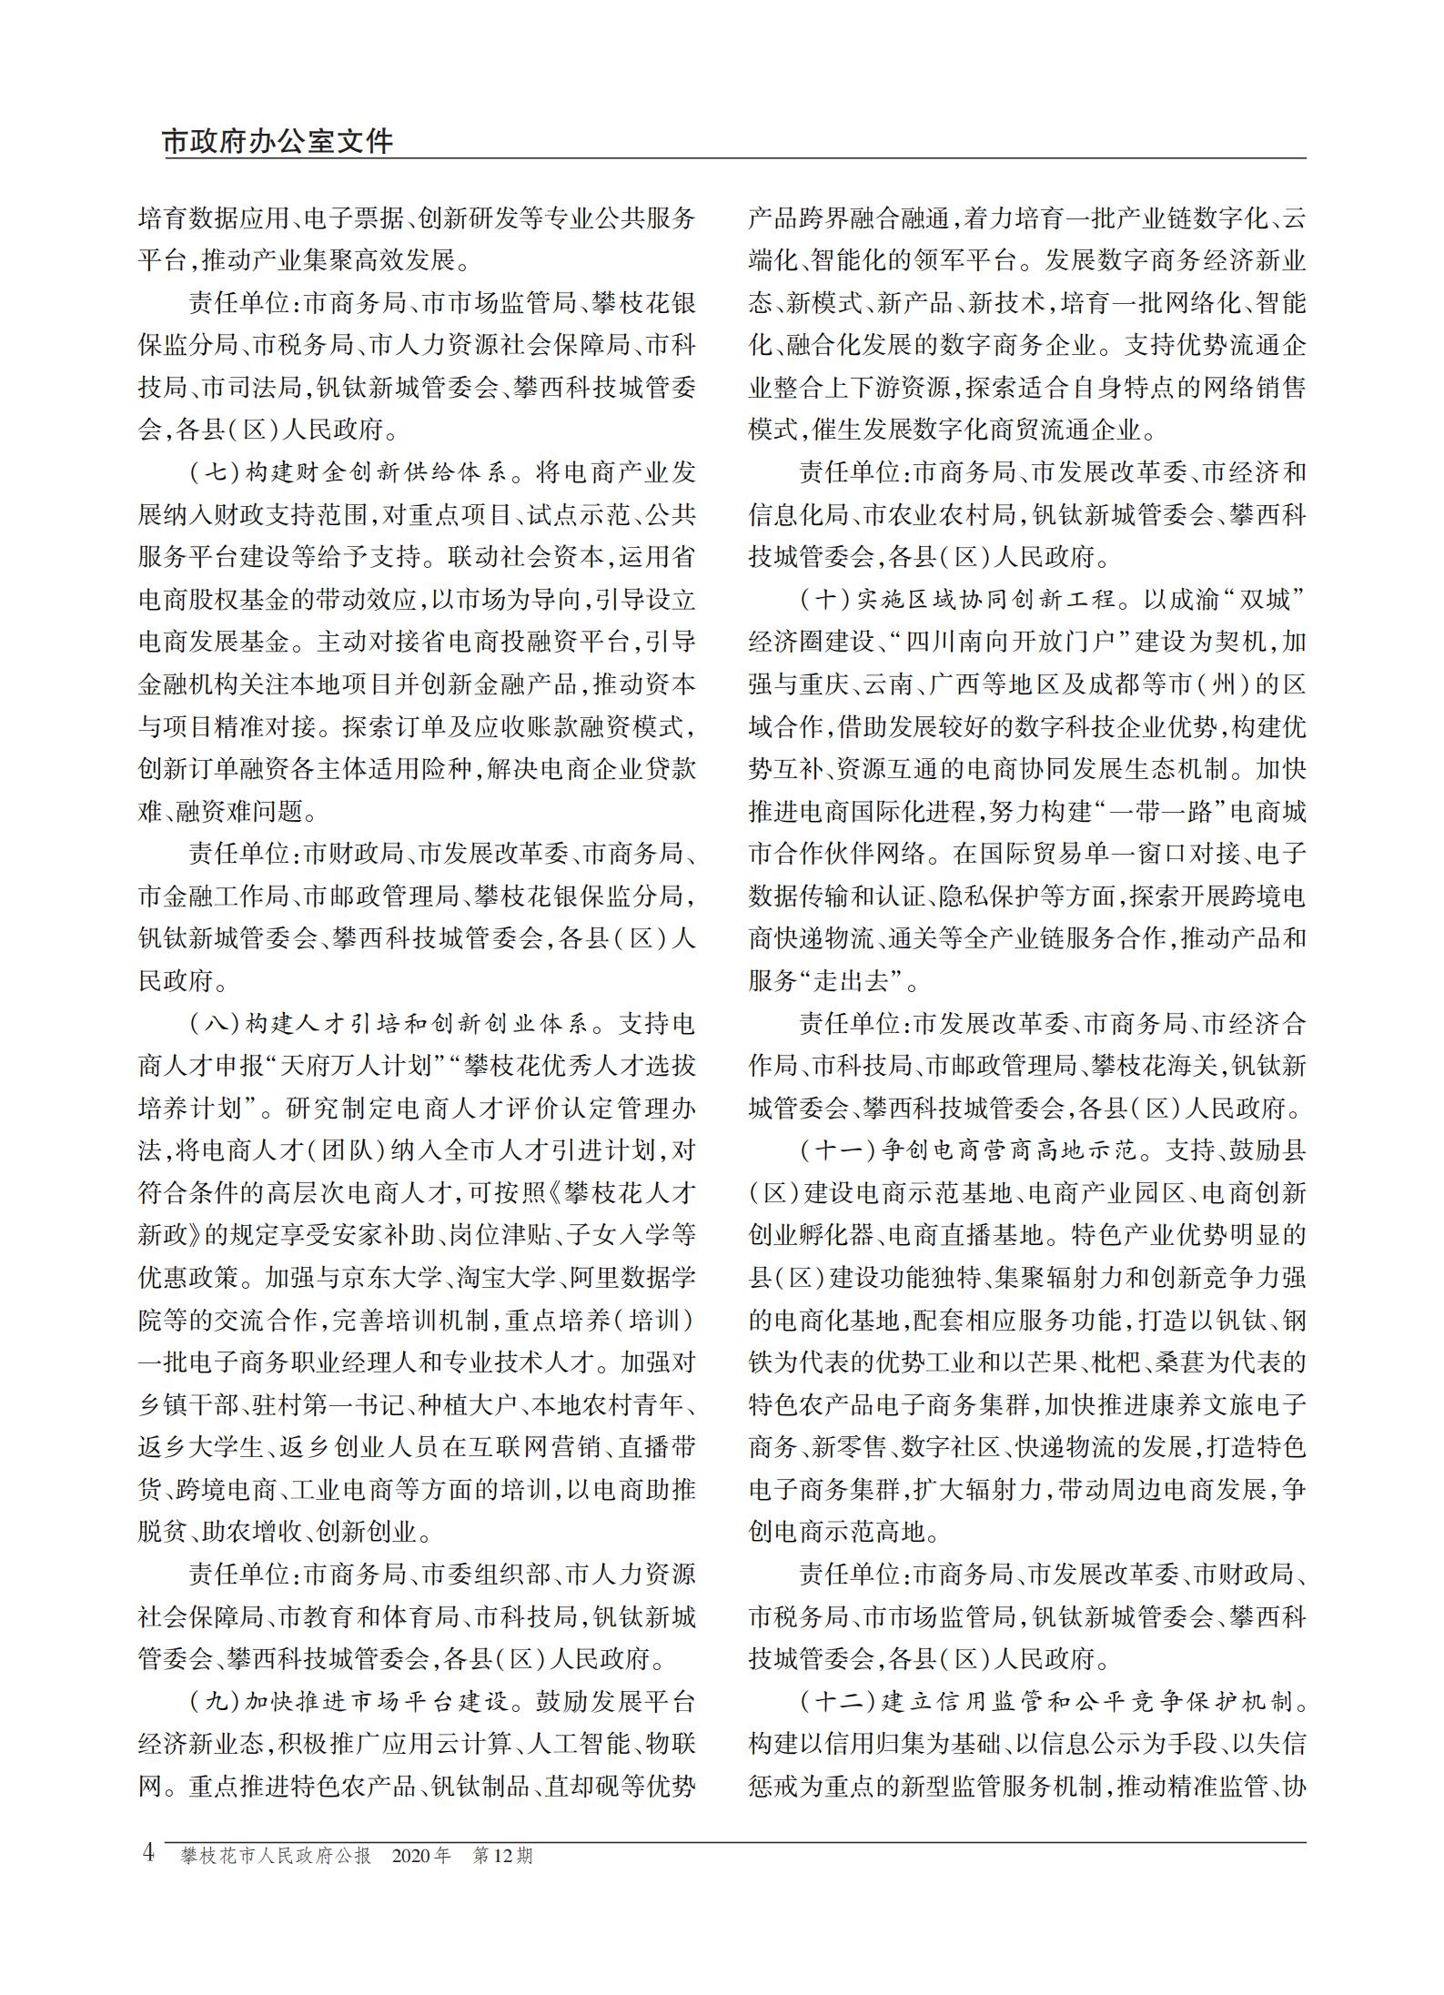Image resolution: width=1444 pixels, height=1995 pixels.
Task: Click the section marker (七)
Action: click(x=214, y=473)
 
